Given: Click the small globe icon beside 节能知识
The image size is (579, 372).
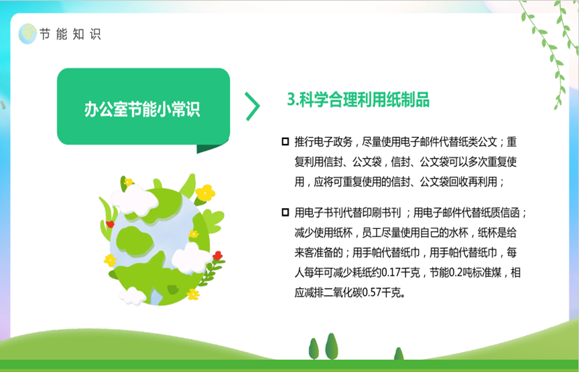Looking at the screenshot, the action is (x=27, y=34).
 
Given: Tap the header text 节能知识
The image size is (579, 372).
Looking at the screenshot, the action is (x=70, y=34).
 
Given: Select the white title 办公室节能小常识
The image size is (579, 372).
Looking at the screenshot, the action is (x=142, y=109).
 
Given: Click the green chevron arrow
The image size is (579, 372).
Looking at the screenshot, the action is (x=253, y=106).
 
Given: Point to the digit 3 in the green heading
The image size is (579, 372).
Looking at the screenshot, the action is (x=291, y=100).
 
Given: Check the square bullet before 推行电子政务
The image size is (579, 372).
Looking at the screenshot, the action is (x=285, y=142).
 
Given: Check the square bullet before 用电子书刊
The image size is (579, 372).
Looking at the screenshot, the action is (x=285, y=212).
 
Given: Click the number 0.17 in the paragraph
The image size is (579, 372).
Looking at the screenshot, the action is (x=391, y=273).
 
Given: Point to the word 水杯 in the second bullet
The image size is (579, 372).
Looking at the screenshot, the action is (x=458, y=233).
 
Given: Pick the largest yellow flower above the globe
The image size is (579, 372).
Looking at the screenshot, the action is (x=205, y=193).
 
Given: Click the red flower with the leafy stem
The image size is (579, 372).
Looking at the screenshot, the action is (x=218, y=256).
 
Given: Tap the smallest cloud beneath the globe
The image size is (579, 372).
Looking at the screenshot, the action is (x=132, y=296).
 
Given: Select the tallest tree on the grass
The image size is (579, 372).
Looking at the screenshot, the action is (x=331, y=346).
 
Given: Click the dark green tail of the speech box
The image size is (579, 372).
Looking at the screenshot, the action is (x=211, y=147).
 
